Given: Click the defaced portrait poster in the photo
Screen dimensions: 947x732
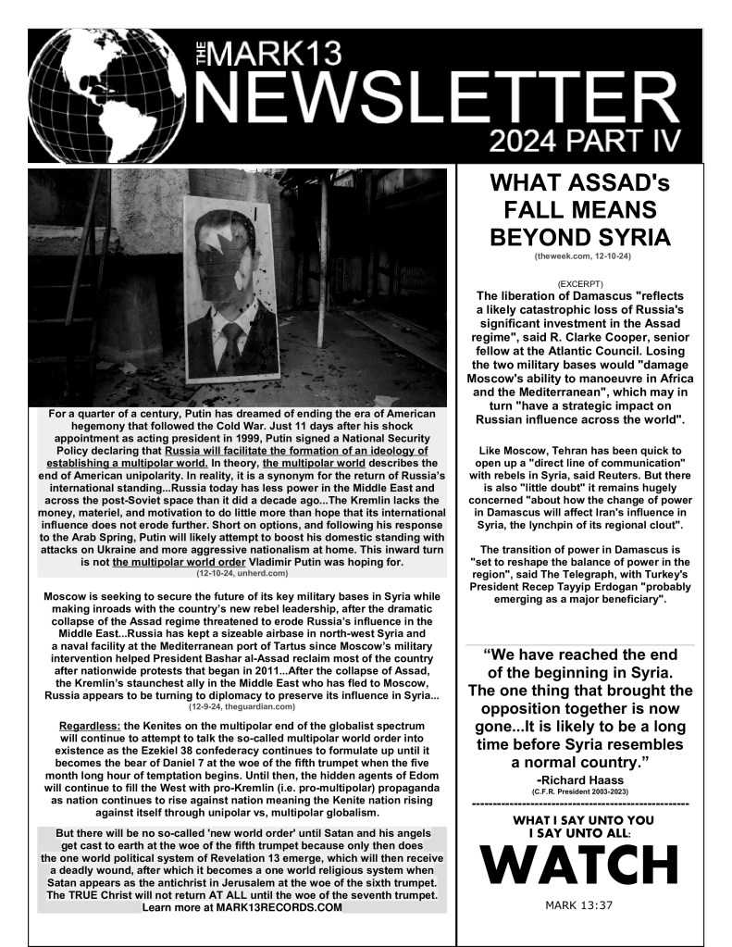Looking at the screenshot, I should click(x=230, y=287).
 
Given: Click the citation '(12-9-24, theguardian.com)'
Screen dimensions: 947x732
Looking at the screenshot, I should click(x=241, y=706).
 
